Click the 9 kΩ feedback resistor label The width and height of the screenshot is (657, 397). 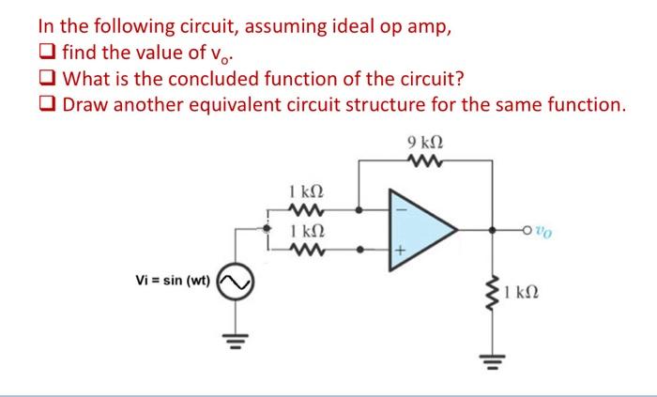point(425,143)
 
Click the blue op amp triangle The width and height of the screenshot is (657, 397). point(422,227)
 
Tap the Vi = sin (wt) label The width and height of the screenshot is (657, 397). point(175,279)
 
